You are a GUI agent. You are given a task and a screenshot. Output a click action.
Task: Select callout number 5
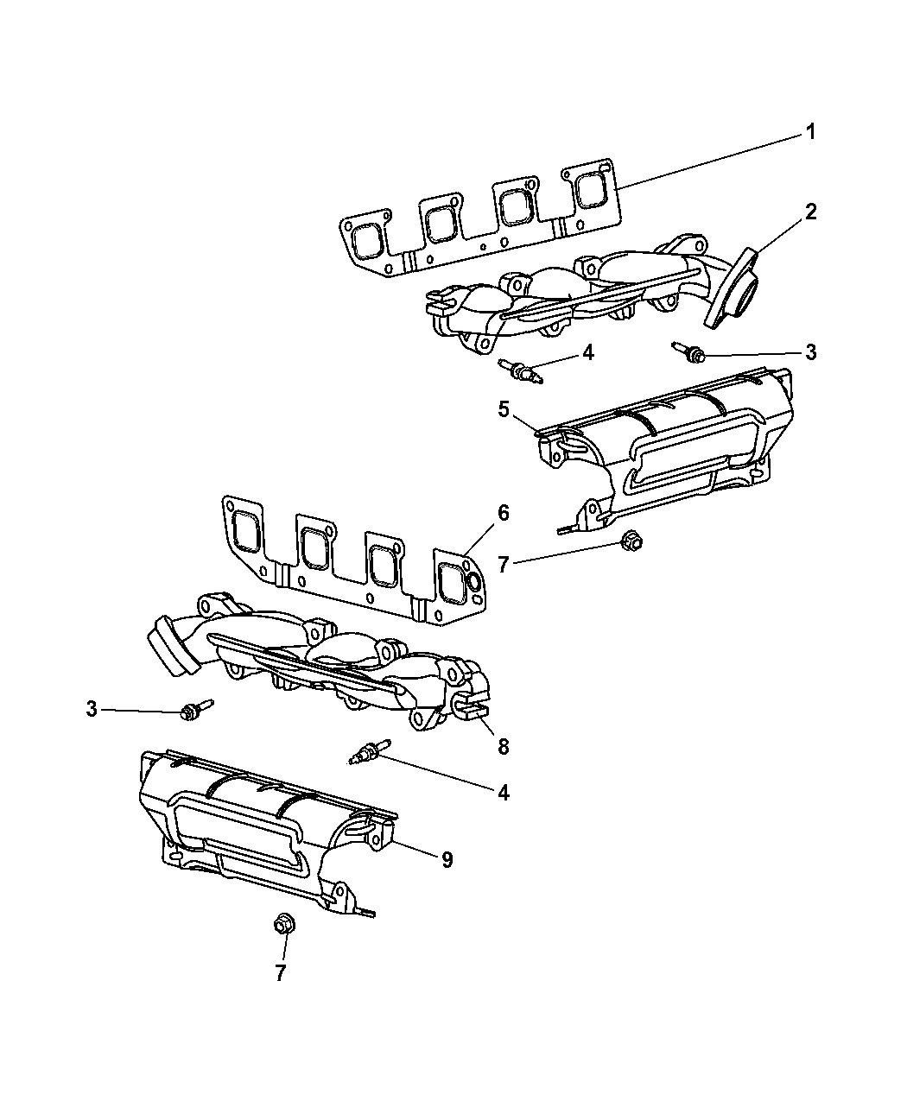(504, 408)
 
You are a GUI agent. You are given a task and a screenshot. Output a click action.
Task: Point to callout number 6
(503, 513)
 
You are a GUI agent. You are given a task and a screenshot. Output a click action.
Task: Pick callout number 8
(502, 746)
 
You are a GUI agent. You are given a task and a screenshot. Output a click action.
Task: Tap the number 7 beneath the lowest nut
(280, 973)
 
